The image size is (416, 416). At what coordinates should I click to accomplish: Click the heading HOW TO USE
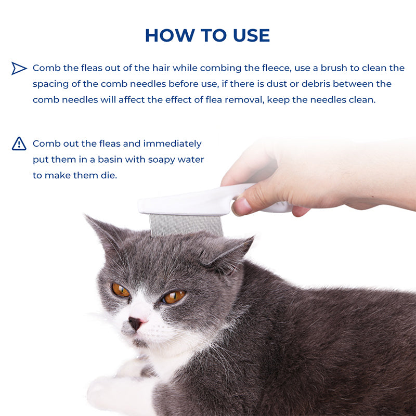click(207, 35)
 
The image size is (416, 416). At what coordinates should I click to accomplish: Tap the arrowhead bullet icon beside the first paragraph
click(19, 68)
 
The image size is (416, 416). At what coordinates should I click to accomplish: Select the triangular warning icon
click(19, 144)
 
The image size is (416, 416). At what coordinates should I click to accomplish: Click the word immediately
click(172, 144)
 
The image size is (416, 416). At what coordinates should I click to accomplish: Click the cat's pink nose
click(135, 323)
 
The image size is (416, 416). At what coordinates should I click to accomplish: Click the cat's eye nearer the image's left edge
click(121, 290)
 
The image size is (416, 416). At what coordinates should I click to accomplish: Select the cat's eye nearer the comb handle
click(173, 296)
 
